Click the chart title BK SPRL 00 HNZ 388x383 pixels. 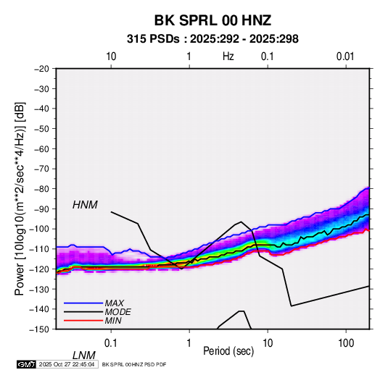pyautogui.click(x=212, y=20)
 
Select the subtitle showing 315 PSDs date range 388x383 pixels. pyautogui.click(x=212, y=39)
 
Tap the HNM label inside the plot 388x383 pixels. pyautogui.click(x=85, y=205)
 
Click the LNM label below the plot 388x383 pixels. pyautogui.click(x=84, y=355)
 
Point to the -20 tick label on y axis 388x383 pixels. pyautogui.click(x=41, y=69)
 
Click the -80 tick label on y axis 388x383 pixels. pyautogui.click(x=41, y=189)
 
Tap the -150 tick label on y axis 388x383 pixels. pyautogui.click(x=39, y=329)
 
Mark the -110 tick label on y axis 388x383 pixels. pyautogui.click(x=39, y=249)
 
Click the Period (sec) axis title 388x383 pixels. pyautogui.click(x=228, y=351)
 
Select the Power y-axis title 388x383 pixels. pyautogui.click(x=20, y=199)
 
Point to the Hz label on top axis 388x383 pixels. pyautogui.click(x=228, y=56)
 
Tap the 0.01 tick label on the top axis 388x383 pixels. pyautogui.click(x=345, y=56)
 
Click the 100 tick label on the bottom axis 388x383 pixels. pyautogui.click(x=346, y=343)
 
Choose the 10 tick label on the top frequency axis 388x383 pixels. pyautogui.click(x=111, y=56)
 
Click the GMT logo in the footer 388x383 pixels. pyautogui.click(x=26, y=364)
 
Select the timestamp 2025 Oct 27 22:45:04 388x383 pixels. pyautogui.click(x=67, y=364)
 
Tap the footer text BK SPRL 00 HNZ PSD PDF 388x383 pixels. pyautogui.click(x=134, y=364)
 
